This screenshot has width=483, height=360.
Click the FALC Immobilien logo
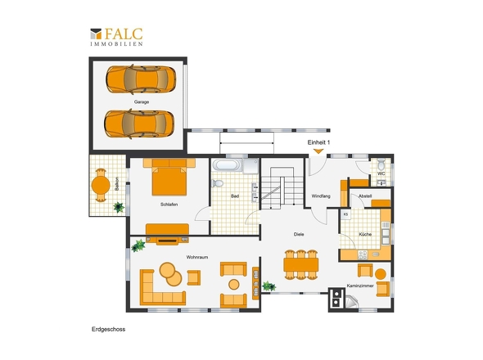[x=116, y=37]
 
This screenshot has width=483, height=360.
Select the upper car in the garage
[x=141, y=79]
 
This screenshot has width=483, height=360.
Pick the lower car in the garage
[x=139, y=124]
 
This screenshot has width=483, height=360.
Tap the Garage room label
[x=142, y=102]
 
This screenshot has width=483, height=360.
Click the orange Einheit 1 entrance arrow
[x=318, y=151]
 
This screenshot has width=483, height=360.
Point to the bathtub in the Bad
[x=227, y=165]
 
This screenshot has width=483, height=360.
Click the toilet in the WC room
[x=381, y=164]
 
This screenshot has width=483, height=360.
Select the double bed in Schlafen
[x=169, y=177]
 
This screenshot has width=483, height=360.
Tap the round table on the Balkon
[x=101, y=186]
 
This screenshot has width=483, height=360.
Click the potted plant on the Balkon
[x=119, y=207]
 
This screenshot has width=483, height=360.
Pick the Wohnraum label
[x=197, y=257]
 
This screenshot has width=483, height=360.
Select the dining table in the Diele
[x=301, y=265]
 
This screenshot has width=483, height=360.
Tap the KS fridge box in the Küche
[x=345, y=214]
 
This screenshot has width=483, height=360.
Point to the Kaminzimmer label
[x=360, y=286]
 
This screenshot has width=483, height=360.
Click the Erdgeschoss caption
[x=108, y=329]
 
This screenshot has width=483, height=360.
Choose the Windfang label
[x=321, y=196]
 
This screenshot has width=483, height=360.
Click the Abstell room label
[x=365, y=196]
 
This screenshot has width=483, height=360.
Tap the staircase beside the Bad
[x=282, y=188]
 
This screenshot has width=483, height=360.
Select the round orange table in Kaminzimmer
[x=381, y=274]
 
